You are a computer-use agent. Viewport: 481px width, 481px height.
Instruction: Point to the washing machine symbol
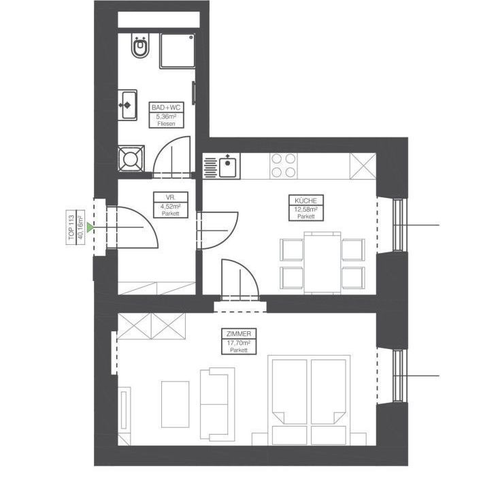131,161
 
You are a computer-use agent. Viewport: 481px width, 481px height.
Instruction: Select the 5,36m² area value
166,116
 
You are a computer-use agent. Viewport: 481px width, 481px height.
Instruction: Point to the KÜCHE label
306,201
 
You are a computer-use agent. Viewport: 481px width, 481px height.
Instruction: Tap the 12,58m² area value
306,209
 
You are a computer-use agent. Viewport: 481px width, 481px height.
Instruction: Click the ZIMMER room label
238,335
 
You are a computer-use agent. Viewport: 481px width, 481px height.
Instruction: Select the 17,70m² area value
238,343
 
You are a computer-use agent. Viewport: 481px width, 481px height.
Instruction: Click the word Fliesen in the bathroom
166,124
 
